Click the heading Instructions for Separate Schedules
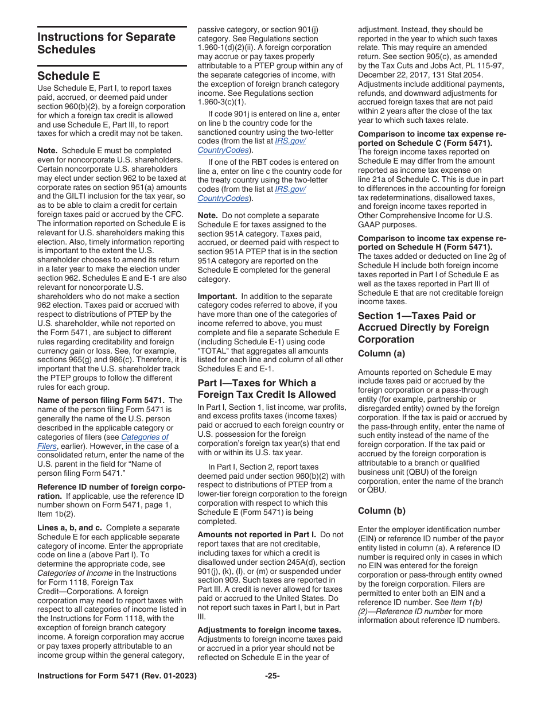pyautogui.click(x=106, y=43)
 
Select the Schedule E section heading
pyautogui.click(x=68, y=76)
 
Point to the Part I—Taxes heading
pyautogui.click(x=266, y=389)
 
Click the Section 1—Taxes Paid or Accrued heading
pyautogui.click(x=423, y=327)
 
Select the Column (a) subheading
pyautogui.click(x=381, y=354)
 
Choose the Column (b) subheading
pyautogui.click(x=381, y=510)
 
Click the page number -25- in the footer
pyautogui.click(x=272, y=676)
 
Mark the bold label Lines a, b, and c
pyautogui.click(x=69, y=527)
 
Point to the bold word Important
pyautogui.click(x=217, y=296)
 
